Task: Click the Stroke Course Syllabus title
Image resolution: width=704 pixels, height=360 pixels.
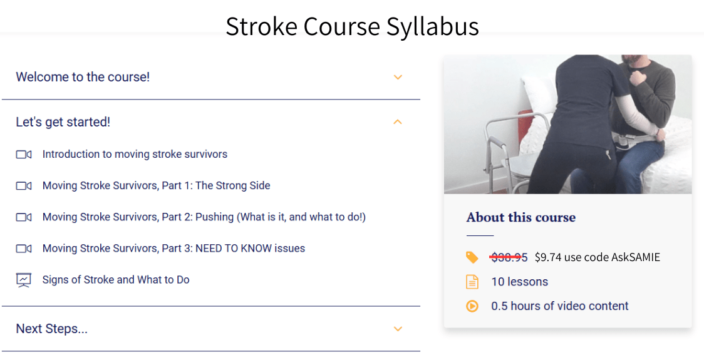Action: (x=352, y=26)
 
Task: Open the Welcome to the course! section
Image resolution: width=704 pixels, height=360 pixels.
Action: (x=83, y=77)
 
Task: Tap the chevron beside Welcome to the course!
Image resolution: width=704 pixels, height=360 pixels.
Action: (x=398, y=77)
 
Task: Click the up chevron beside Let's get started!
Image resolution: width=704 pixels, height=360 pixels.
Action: (x=398, y=122)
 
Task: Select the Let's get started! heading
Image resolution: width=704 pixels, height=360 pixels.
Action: (x=63, y=122)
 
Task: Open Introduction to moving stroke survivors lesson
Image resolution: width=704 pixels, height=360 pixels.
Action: (x=135, y=154)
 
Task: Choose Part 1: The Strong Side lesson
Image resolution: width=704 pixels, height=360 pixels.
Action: (x=156, y=185)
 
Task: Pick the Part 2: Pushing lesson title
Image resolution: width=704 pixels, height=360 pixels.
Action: (x=204, y=217)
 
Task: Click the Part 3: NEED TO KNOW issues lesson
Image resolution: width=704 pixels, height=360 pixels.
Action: (x=173, y=249)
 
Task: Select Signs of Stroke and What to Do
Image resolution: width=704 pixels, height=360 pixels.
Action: (x=116, y=280)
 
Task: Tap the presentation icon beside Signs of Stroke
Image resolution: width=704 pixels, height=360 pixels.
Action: (x=24, y=280)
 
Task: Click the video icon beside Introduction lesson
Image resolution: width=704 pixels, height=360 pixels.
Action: (x=24, y=155)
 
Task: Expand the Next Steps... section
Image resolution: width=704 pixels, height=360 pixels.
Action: (x=51, y=329)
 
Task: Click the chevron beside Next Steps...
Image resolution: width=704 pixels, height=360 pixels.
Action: (x=398, y=329)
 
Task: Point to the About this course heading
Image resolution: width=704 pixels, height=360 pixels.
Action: (x=520, y=218)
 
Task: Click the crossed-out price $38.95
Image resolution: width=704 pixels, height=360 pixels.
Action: (x=509, y=257)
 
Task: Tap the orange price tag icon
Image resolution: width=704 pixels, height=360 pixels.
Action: (x=472, y=257)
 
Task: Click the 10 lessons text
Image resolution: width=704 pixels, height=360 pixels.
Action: (x=519, y=282)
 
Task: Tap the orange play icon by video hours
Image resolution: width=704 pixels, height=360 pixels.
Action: (x=472, y=306)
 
